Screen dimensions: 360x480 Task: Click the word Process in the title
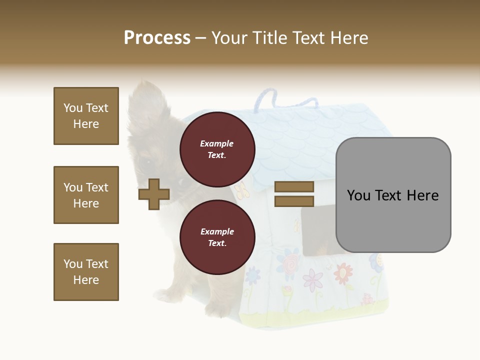[x=157, y=37]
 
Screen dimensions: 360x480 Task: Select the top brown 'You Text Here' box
[x=86, y=116]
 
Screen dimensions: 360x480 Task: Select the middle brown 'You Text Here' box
[x=86, y=195]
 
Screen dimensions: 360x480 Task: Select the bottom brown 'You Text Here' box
[x=86, y=272]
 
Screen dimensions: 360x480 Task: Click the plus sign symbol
[x=154, y=194]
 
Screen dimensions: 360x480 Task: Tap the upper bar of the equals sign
[x=294, y=186]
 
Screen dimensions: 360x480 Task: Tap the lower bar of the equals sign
[x=294, y=201]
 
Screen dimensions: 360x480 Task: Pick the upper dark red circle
[x=217, y=149]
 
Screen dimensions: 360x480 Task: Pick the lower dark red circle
[x=217, y=237]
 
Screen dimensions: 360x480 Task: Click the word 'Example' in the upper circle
[x=216, y=143]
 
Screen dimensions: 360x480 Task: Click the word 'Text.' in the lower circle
[x=217, y=243]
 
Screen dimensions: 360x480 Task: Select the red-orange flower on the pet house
[x=343, y=272]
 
